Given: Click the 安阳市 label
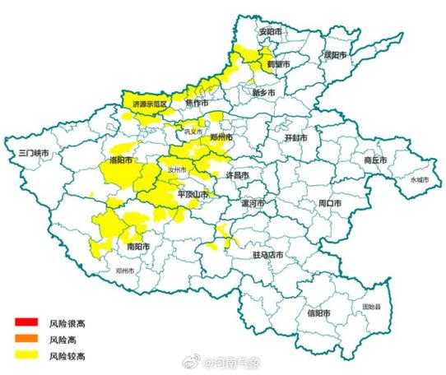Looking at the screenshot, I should point(270,33).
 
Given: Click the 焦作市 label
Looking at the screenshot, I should point(197,104).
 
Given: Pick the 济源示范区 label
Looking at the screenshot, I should point(150,104).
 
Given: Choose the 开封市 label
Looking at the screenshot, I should point(295,138).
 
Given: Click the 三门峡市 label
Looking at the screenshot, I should point(35,154).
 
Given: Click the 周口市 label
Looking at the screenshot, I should point(317,201).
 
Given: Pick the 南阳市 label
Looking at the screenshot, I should point(138,246).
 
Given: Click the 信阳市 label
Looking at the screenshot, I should point(317,313).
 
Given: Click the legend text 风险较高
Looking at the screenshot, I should point(67,355).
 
